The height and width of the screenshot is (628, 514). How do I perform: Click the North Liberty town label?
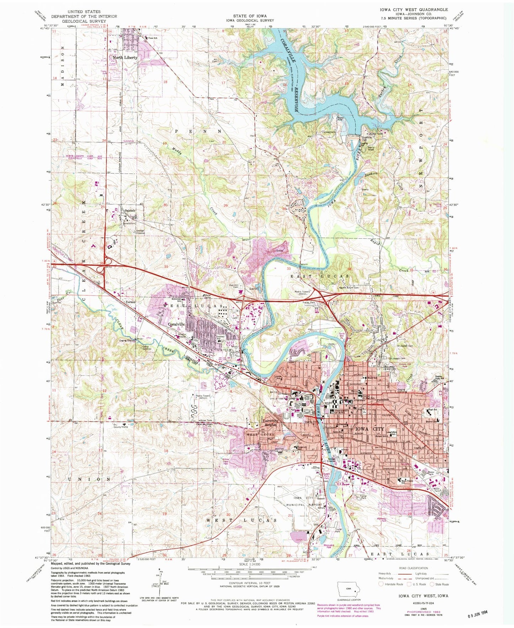tap(125, 58)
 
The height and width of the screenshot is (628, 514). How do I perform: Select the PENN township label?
tap(198, 131)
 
